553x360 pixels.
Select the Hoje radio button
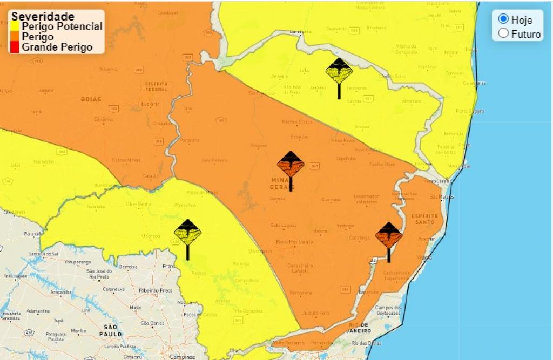(503, 19)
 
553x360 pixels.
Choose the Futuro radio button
(503, 33)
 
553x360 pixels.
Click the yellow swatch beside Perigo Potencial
(15, 26)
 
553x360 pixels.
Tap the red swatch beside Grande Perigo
(15, 47)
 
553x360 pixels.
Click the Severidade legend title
(43, 16)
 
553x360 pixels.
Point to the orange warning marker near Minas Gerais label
(291, 165)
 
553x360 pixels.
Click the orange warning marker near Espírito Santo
(389, 236)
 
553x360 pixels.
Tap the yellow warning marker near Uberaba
(187, 233)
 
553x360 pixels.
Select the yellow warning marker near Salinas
(339, 72)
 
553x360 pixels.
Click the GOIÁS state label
(91, 99)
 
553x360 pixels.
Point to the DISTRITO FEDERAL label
(156, 87)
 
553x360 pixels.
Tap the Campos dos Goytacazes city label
(389, 310)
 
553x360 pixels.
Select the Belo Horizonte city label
(294, 242)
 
